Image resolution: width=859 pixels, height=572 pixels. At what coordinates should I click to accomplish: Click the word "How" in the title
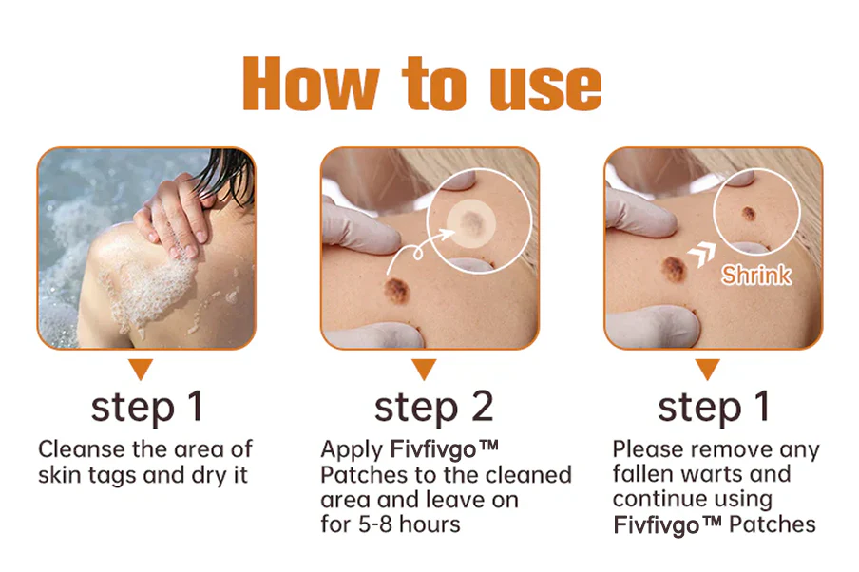[311, 84]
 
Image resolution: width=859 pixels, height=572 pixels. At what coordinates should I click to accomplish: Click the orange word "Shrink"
[756, 275]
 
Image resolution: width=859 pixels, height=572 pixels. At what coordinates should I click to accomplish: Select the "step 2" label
[434, 408]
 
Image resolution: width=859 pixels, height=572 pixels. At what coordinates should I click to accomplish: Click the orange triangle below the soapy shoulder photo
[141, 369]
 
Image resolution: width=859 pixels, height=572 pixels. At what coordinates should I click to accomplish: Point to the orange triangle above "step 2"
[424, 369]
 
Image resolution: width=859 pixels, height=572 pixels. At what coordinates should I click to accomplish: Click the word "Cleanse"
[82, 449]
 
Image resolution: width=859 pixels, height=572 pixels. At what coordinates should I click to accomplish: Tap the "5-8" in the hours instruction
[375, 524]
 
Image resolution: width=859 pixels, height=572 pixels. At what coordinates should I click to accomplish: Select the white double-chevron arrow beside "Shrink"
[702, 255]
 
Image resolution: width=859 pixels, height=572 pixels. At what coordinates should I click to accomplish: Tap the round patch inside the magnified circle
[470, 222]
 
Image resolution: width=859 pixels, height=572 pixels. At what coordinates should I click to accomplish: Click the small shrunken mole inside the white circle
[749, 213]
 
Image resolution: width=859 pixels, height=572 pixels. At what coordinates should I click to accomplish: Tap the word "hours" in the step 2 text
[429, 524]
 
